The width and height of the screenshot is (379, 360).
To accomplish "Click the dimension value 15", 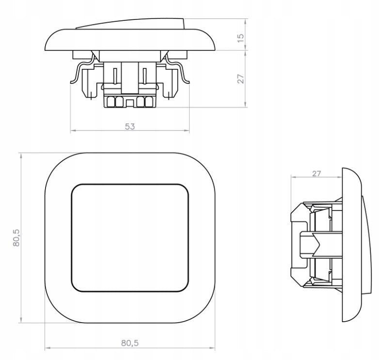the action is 240,38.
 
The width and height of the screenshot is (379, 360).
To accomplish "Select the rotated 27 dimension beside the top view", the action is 240,79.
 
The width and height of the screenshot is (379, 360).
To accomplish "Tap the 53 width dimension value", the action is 130,126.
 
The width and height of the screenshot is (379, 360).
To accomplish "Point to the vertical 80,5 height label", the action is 16,238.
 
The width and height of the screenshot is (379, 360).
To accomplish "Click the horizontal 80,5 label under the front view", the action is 130,343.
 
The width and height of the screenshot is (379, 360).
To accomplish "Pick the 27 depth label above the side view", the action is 316,174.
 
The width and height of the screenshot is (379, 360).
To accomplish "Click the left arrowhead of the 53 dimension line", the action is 73,131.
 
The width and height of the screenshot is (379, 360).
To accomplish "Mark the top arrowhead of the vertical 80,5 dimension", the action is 21,156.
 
